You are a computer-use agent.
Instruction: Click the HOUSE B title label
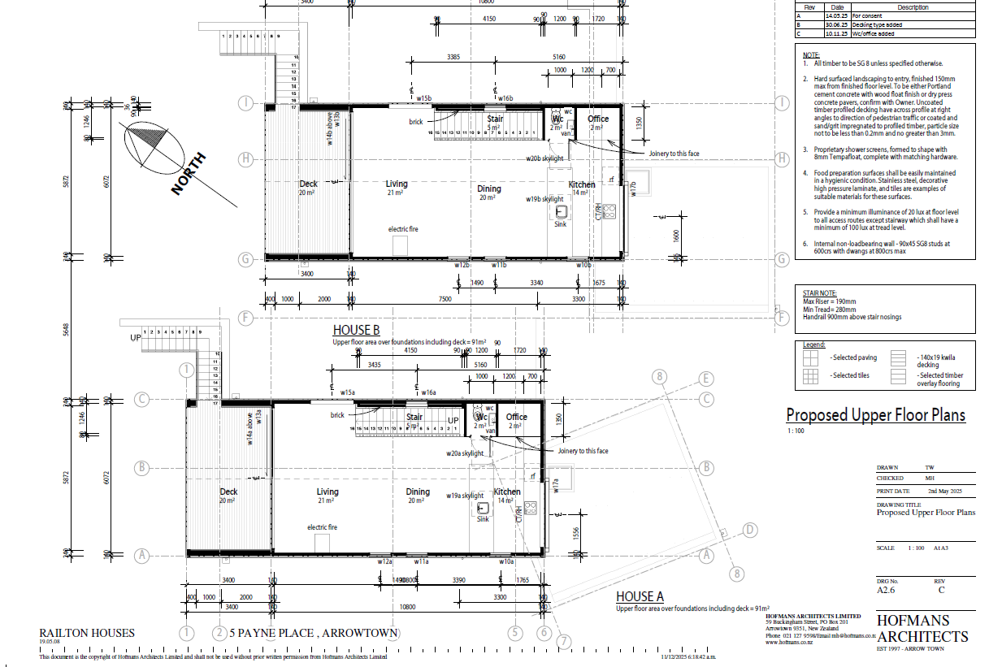pos(356,331)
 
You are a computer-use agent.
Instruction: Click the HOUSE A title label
pos(640,597)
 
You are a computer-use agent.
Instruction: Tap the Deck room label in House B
pos(308,184)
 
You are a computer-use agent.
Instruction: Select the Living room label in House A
pos(327,492)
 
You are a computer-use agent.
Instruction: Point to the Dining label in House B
pos(489,188)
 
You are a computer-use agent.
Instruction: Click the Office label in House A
pos(516,417)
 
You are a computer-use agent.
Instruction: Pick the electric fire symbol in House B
pos(399,246)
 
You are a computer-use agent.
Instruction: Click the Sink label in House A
pos(483,519)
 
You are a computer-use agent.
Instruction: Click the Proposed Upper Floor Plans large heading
pos(875,415)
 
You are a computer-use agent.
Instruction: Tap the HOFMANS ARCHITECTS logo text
pos(922,628)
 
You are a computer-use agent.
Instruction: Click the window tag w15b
pos(422,98)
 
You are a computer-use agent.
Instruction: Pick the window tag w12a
pos(384,561)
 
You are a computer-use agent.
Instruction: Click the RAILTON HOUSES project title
pos(87,633)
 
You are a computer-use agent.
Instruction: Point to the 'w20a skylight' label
pos(464,453)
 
